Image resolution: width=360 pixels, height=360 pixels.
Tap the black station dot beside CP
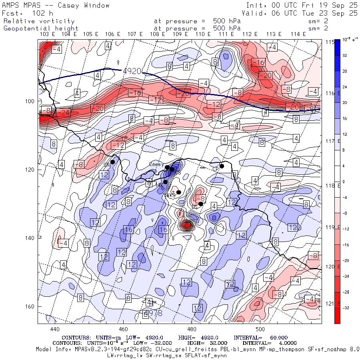click(x=222, y=166)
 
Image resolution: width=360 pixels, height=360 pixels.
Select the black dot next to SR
click(x=113, y=162)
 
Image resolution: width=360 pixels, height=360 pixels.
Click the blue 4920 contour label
click(x=132, y=71)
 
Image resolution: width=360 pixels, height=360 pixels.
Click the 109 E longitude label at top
click(x=178, y=34)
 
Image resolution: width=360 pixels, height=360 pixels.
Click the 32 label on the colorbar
click(x=344, y=56)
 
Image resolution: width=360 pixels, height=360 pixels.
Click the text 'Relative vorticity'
click(x=39, y=21)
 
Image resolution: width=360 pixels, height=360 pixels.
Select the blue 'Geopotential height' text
click(x=41, y=28)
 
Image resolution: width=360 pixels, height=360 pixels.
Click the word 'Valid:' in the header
click(x=252, y=13)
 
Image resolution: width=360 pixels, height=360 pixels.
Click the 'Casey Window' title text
click(x=84, y=5)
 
